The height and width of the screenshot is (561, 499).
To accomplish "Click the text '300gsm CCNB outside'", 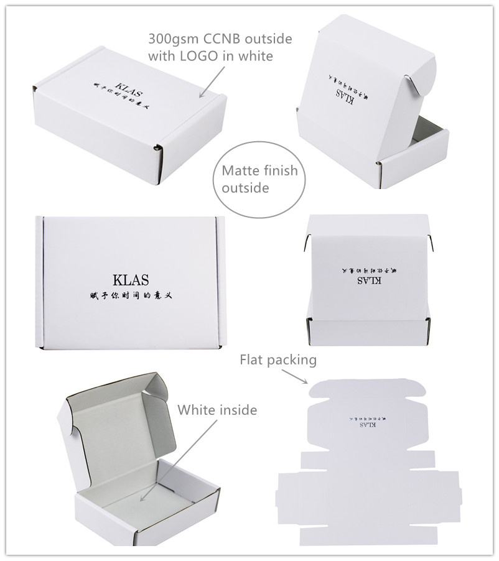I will point(220,39).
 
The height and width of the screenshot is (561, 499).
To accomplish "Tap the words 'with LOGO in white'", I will point(210,56).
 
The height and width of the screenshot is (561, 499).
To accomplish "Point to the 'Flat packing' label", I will point(278,359).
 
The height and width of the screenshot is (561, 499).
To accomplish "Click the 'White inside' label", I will point(217,410).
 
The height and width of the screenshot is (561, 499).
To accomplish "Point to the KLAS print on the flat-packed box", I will point(368,427).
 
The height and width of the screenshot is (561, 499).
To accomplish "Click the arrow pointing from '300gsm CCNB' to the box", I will point(212,81).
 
